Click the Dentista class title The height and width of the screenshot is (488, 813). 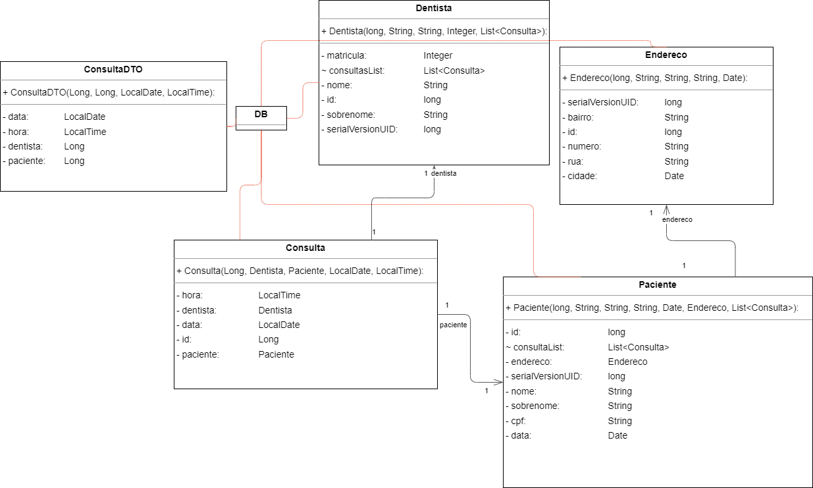tap(434, 9)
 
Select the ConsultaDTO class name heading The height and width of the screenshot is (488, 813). tap(113, 69)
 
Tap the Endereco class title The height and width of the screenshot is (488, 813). tap(666, 55)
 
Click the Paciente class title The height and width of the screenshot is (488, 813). tap(657, 285)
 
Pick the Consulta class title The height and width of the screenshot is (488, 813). tap(305, 248)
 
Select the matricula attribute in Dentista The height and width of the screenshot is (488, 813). tap(347, 55)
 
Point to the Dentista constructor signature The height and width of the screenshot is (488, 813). tap(434, 31)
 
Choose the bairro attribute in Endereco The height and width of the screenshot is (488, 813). tap(581, 117)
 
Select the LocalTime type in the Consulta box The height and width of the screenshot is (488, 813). tap(279, 296)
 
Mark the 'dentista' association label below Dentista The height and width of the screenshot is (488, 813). tap(444, 173)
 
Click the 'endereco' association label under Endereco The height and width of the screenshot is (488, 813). tap(677, 219)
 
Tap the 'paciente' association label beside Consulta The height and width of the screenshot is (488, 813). tap(453, 325)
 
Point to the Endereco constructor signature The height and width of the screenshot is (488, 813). tap(655, 78)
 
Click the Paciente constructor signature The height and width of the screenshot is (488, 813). tap(652, 308)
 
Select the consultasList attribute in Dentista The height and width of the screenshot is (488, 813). tap(356, 70)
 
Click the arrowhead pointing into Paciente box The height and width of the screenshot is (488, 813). tap(498, 382)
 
